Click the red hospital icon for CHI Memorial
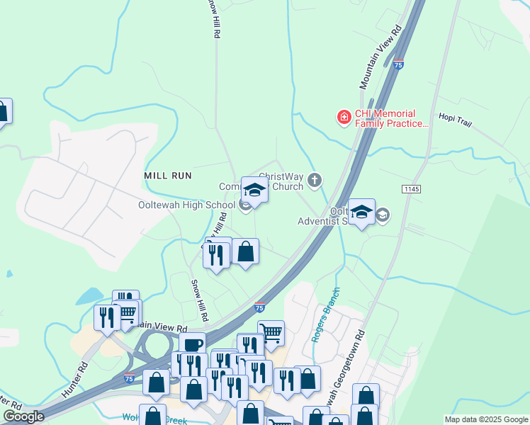coord(344,117)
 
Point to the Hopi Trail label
coord(455,118)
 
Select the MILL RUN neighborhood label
coord(167,175)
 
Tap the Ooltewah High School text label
coord(186,205)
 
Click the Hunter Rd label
coord(74,378)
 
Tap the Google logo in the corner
coord(23,416)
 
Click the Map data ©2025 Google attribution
coord(485,419)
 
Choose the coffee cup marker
coord(192,345)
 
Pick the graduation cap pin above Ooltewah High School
coord(254,190)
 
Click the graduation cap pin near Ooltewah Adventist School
coord(361,212)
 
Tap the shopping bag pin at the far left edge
coord(2,112)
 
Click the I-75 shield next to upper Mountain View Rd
coord(399,64)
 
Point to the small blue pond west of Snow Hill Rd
coord(91,296)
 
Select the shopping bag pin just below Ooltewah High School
coord(245,251)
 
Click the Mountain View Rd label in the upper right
coord(380,57)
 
